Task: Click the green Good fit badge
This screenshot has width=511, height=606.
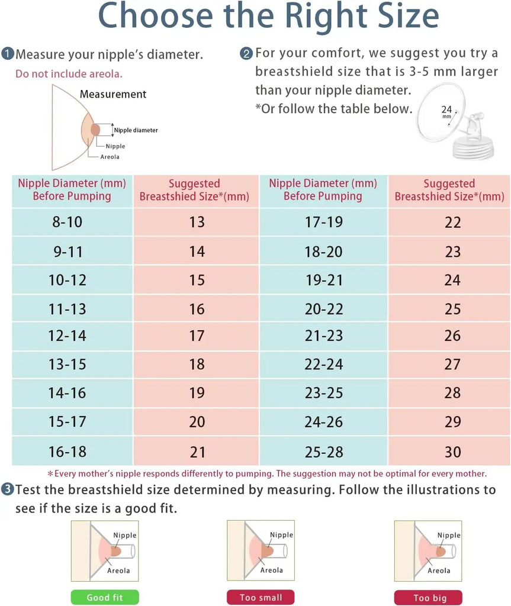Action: [x=104, y=597]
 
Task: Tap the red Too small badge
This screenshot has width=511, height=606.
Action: [x=261, y=597]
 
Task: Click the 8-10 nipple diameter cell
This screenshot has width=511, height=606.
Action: [x=68, y=222]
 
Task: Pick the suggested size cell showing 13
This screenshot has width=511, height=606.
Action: [x=197, y=222]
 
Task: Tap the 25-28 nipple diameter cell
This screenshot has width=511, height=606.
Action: [x=324, y=452]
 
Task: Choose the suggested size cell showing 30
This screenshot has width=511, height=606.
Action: [x=452, y=452]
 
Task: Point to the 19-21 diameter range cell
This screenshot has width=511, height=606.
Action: [x=324, y=280]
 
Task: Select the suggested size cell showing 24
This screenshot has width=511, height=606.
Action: [x=452, y=280]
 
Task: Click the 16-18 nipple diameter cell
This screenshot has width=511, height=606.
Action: [x=68, y=452]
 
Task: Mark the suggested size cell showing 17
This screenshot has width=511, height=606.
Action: [x=197, y=336]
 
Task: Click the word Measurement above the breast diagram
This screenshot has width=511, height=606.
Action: [x=113, y=94]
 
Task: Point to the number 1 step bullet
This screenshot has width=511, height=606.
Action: [x=8, y=54]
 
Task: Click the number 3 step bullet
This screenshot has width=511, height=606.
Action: [x=8, y=489]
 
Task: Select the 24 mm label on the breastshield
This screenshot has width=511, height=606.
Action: [x=446, y=111]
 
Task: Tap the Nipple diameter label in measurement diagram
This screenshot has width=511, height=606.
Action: [x=136, y=130]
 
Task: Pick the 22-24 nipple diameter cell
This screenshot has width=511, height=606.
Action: [x=324, y=365]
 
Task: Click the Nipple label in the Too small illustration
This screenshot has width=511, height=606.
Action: [x=281, y=535]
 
